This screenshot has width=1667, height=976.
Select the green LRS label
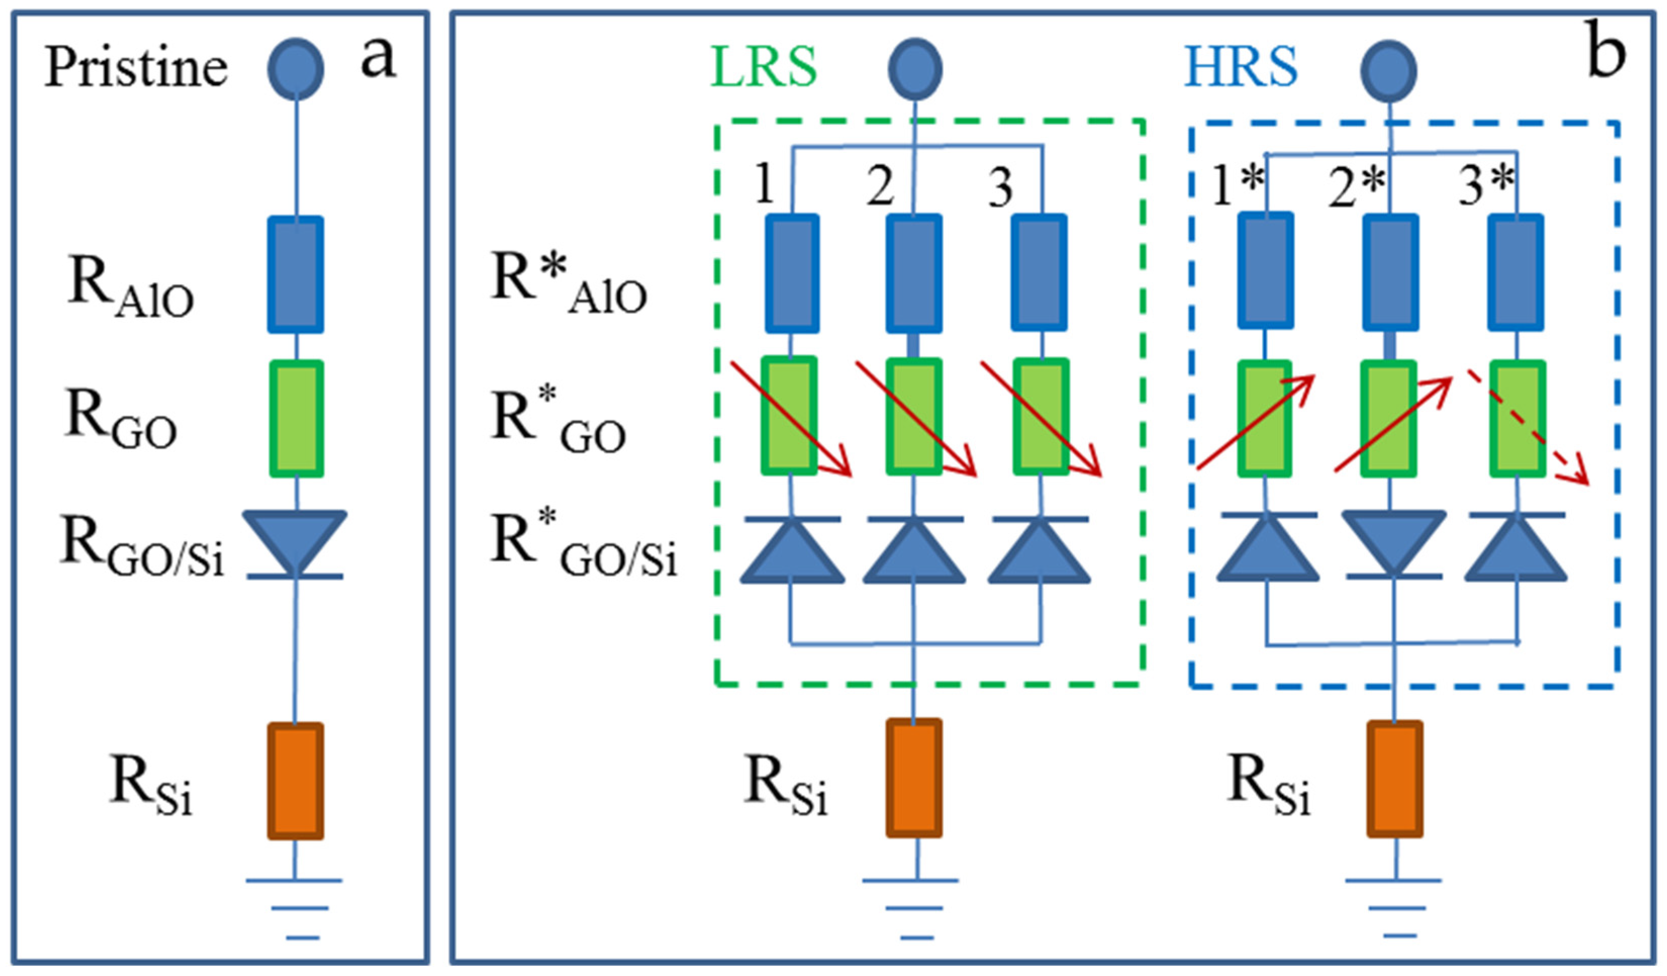click(x=764, y=68)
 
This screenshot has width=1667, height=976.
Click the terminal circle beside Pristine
click(x=296, y=69)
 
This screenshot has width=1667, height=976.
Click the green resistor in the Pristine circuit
click(x=297, y=419)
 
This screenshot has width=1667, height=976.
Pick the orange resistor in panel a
click(x=296, y=780)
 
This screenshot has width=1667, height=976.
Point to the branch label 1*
click(x=1237, y=185)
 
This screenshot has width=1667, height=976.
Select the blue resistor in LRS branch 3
click(x=1039, y=273)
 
